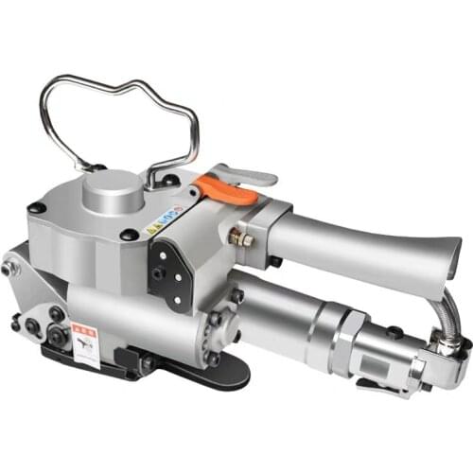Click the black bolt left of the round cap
point(37,207)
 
